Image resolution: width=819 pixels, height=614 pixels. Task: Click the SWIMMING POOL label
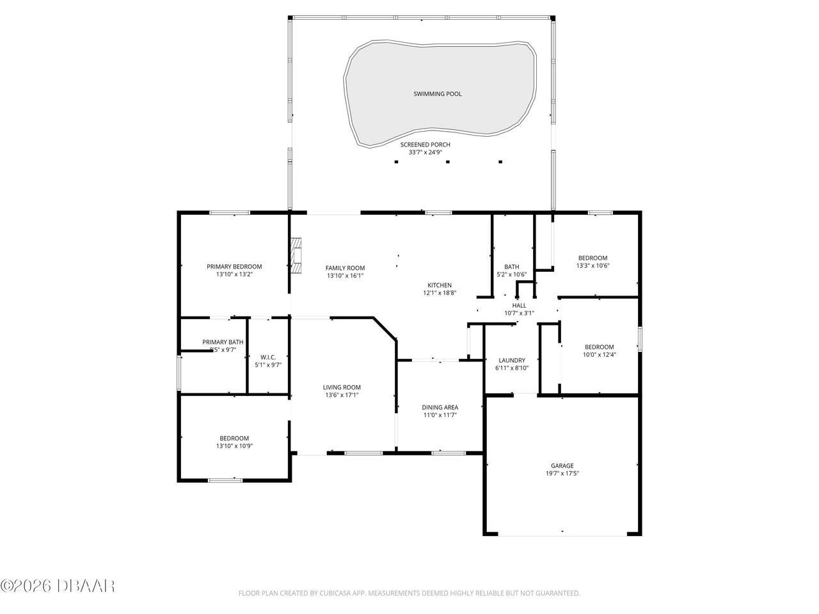click(x=437, y=94)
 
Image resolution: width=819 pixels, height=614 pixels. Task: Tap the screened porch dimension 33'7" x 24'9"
click(x=425, y=153)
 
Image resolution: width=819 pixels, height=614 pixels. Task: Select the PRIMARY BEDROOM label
click(x=234, y=267)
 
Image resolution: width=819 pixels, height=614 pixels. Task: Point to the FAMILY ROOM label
click(x=345, y=268)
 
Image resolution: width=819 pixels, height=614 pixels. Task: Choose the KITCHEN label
click(x=440, y=285)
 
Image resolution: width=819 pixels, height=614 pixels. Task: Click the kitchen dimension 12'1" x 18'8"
click(x=440, y=293)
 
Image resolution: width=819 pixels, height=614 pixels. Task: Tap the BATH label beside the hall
click(x=511, y=267)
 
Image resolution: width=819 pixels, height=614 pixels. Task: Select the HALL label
click(x=519, y=306)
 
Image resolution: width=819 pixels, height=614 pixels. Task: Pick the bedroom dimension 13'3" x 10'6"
click(x=592, y=265)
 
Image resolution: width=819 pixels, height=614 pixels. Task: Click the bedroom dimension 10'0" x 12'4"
click(x=599, y=355)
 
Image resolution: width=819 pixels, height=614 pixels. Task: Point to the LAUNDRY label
click(x=511, y=360)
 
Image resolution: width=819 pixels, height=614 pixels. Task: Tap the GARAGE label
click(x=562, y=466)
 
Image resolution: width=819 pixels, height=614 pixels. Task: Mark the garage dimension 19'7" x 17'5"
click(x=562, y=474)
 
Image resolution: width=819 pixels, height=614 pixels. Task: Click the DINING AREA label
click(x=440, y=407)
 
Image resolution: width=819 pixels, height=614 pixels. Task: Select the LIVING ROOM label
click(x=342, y=387)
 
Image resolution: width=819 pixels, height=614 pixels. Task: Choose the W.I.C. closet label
click(x=268, y=357)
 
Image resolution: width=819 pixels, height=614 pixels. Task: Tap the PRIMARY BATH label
click(x=223, y=342)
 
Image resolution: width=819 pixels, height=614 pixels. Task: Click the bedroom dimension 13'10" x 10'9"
click(x=234, y=446)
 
